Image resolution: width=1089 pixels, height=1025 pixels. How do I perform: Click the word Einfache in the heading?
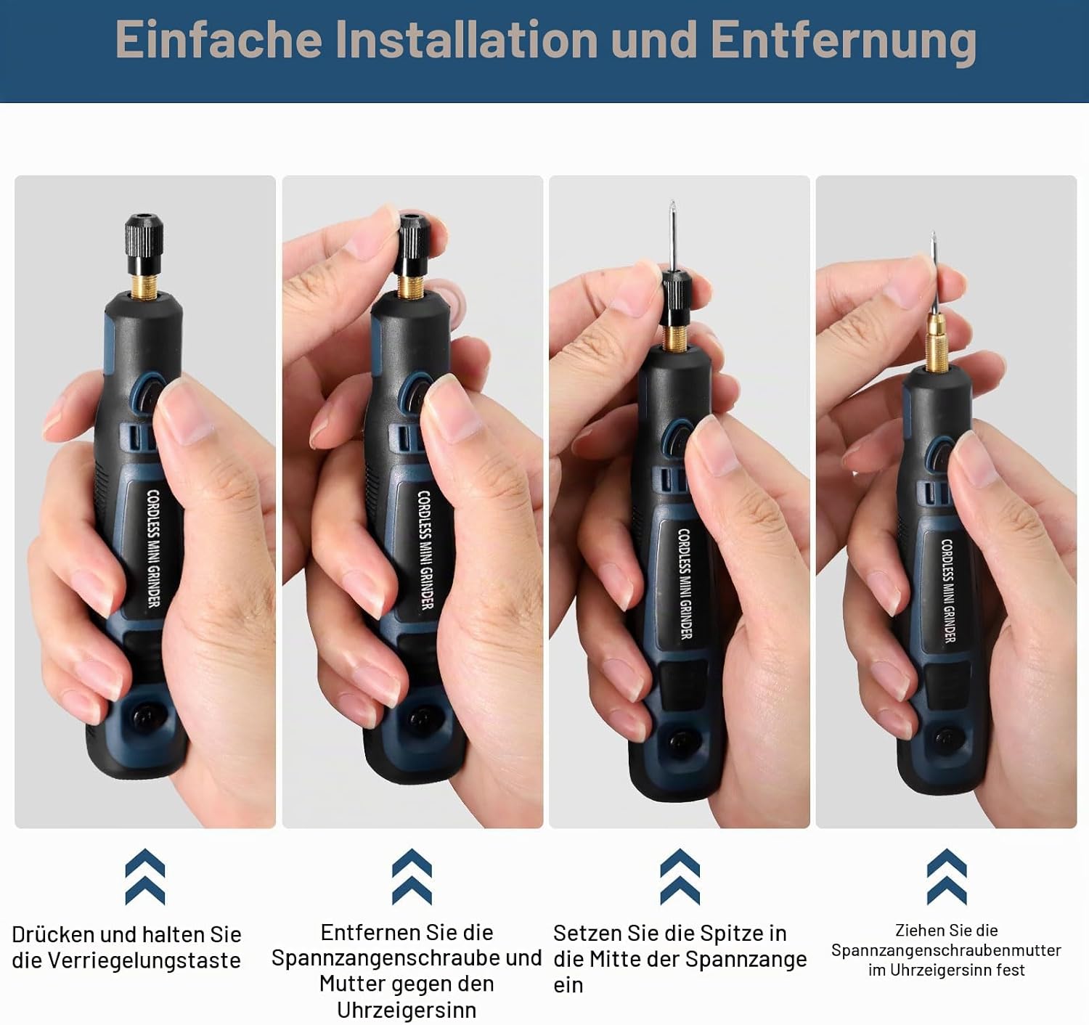tap(219, 39)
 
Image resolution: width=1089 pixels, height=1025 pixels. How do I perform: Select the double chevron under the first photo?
tap(144, 876)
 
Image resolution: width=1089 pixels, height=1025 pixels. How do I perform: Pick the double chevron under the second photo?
tap(412, 876)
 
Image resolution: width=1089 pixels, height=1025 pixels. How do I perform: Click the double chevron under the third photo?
tap(680, 876)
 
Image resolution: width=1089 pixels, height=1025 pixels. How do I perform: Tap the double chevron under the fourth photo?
tap(947, 876)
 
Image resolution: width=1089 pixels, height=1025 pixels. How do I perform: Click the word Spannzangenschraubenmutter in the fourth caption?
tap(946, 950)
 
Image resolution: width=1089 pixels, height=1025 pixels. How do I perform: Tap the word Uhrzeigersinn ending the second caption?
tap(407, 1010)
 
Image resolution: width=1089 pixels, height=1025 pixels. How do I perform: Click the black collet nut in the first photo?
tap(144, 245)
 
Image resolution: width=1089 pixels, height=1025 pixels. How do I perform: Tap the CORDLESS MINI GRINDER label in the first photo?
tap(153, 548)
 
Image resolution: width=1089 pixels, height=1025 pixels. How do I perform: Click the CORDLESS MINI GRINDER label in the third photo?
tap(685, 584)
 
